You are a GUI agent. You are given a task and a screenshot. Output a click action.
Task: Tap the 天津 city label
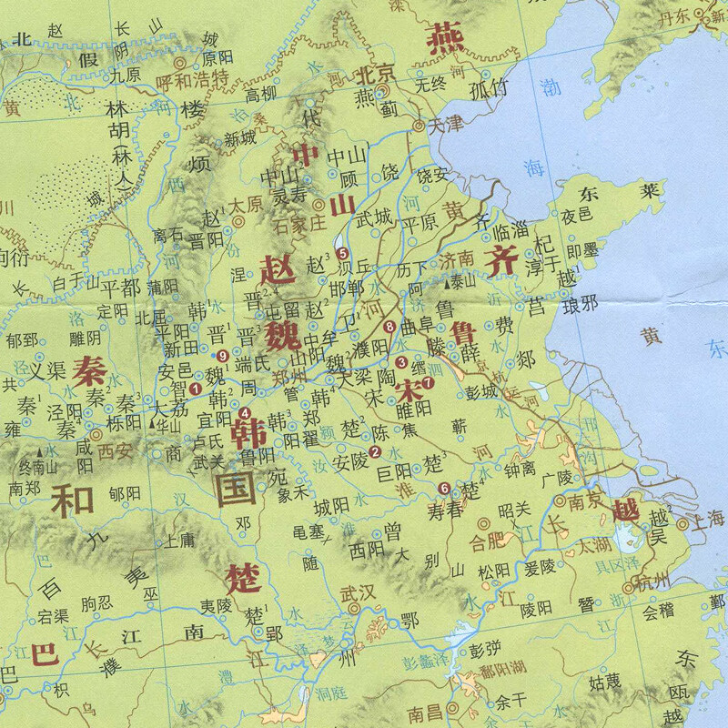[447, 125]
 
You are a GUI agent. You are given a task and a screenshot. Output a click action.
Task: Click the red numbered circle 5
[342, 254]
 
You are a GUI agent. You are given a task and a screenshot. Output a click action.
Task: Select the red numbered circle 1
[195, 390]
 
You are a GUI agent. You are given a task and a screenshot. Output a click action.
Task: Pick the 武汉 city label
[357, 592]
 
